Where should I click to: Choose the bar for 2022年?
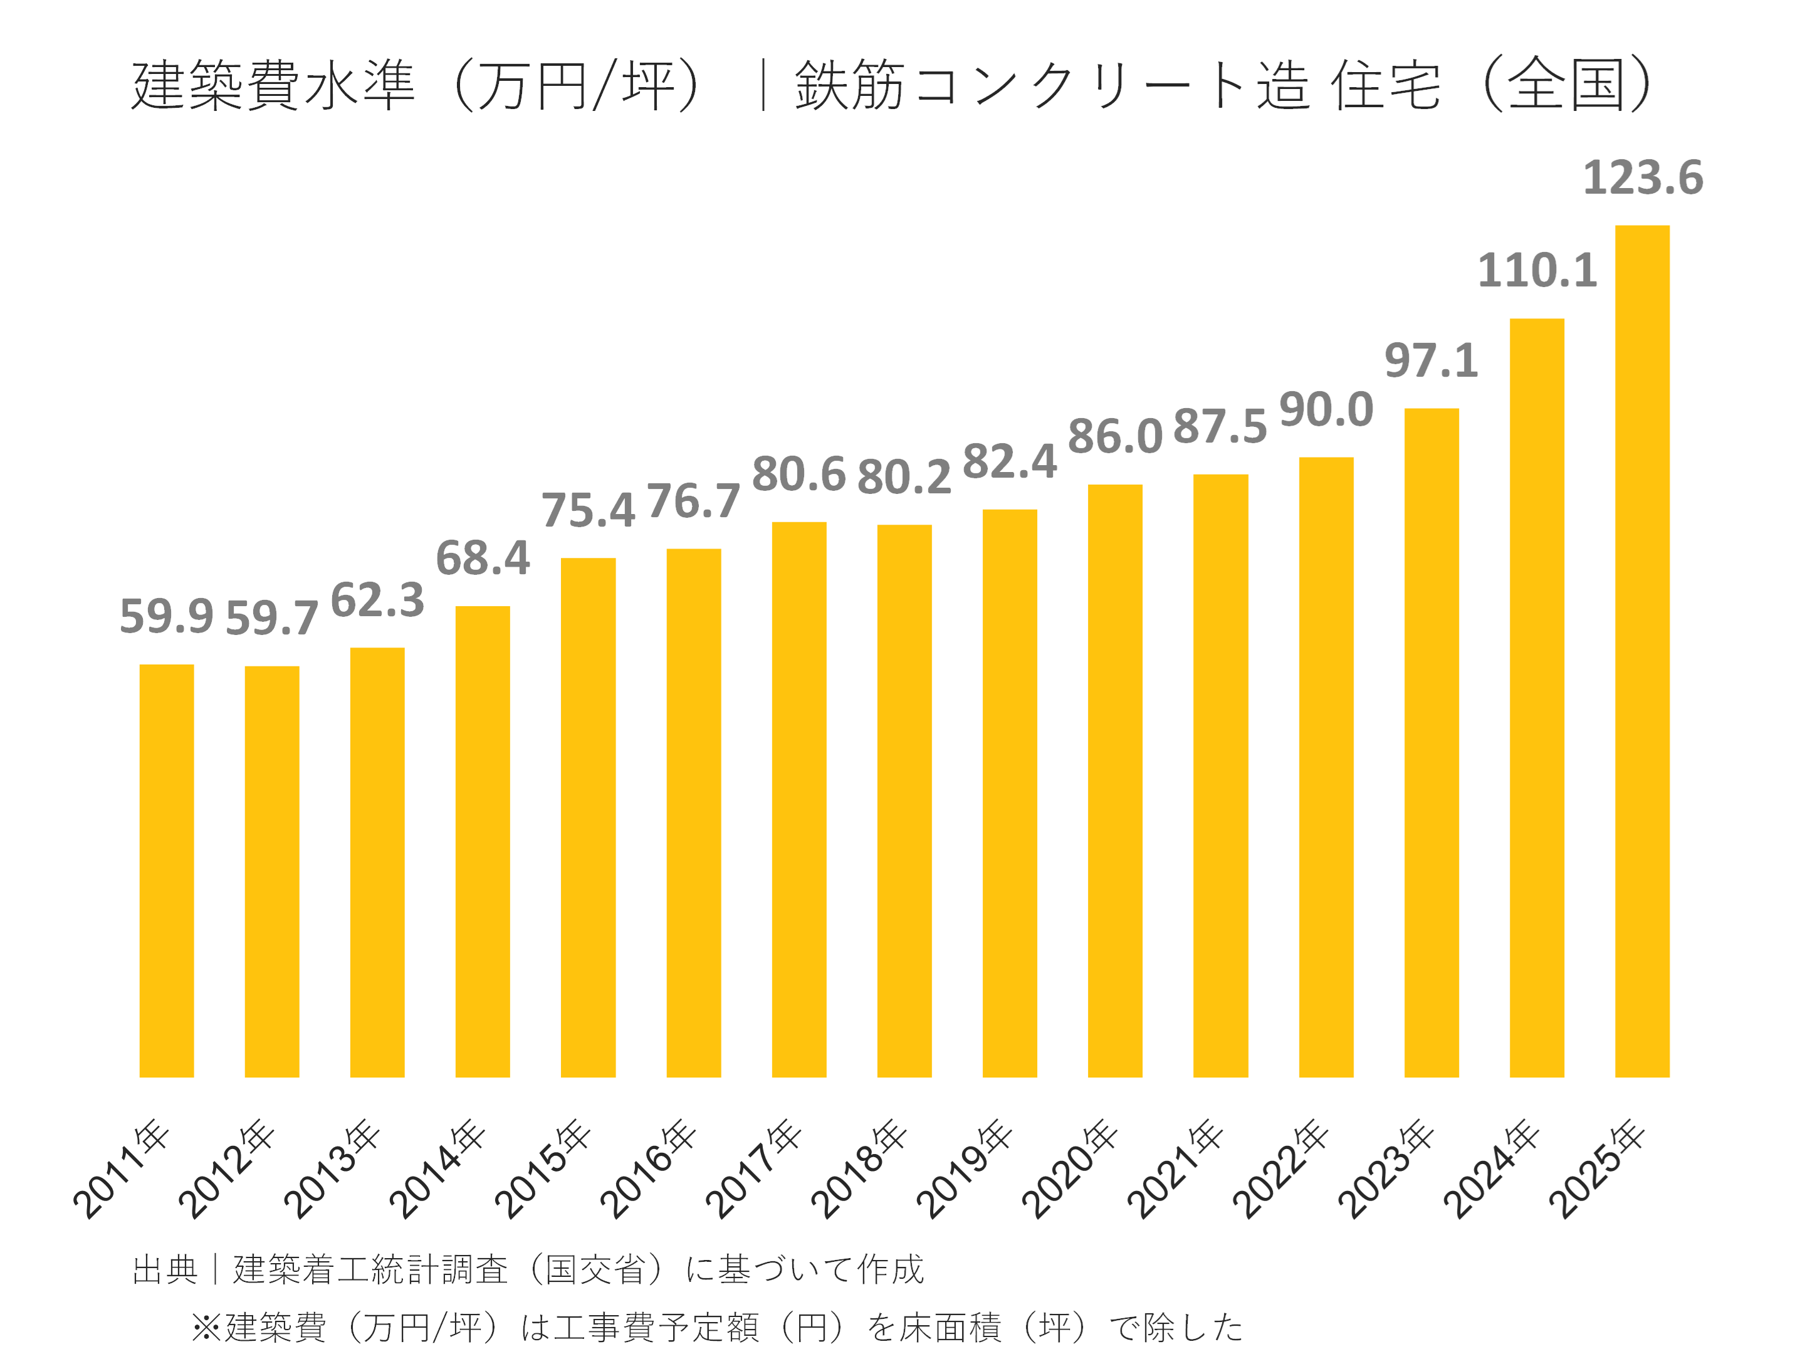coord(1326,767)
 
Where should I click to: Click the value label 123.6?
coord(1643,178)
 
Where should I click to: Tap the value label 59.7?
coord(272,618)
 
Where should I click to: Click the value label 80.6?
coord(799,474)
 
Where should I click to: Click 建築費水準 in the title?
coord(273,85)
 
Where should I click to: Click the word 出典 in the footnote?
coord(165,1269)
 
